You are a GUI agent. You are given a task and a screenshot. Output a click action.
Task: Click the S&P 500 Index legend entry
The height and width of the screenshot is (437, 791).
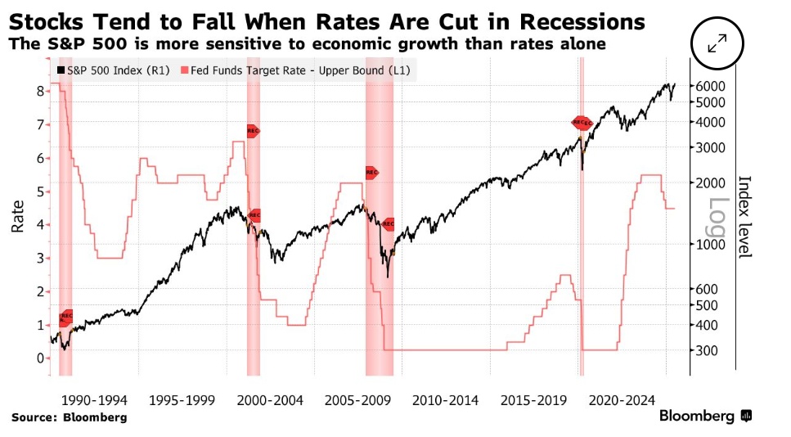115,72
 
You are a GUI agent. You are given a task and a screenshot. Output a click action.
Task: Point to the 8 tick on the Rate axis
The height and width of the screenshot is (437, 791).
39,91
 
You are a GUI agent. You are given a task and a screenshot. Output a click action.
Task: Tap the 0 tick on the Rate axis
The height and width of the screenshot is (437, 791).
39,358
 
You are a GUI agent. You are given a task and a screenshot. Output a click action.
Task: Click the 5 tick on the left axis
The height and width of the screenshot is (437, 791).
39,191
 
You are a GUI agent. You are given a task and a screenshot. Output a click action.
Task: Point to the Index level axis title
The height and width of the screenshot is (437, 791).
744,217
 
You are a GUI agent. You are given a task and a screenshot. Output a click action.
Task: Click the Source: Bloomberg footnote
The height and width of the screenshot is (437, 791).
70,417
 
